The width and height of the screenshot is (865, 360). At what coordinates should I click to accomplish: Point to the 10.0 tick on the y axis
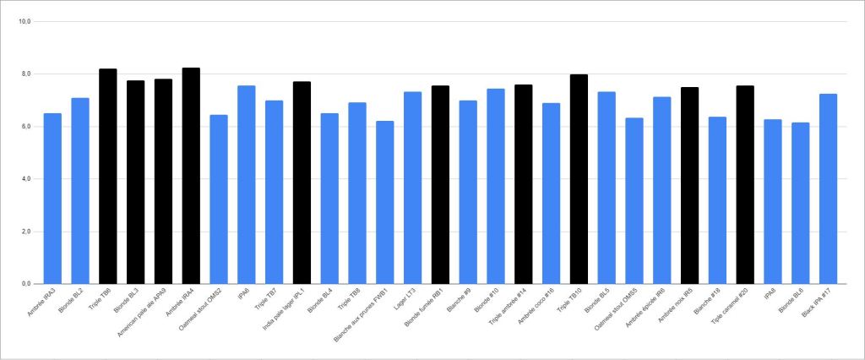point(24,22)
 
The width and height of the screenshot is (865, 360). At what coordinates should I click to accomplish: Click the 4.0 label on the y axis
point(24,179)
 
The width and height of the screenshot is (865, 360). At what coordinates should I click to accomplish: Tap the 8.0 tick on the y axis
point(24,74)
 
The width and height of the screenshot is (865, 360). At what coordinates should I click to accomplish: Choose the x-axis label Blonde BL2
point(72,300)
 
